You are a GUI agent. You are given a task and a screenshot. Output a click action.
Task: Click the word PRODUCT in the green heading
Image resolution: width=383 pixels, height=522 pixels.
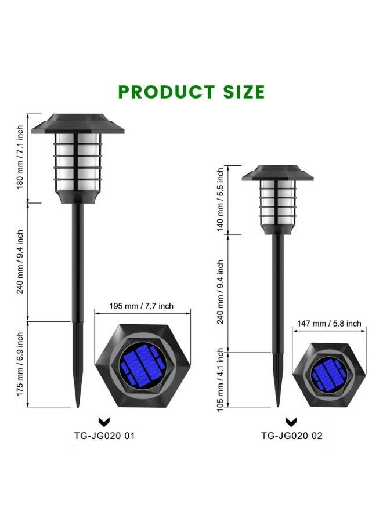pos(166,92)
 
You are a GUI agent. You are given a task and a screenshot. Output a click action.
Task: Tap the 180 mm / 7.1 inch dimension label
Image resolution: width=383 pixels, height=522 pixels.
pos(20,157)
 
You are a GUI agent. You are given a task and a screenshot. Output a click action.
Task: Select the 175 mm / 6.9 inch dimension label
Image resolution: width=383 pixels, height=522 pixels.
pos(20,364)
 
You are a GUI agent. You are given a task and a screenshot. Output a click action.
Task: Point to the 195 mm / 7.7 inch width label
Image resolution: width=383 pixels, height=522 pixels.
pos(142,306)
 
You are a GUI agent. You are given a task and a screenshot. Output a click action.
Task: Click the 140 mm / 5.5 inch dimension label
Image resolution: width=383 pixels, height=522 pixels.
pos(221,200)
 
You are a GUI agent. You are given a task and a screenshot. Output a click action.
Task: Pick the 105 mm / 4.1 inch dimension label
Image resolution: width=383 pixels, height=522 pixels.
pos(221,380)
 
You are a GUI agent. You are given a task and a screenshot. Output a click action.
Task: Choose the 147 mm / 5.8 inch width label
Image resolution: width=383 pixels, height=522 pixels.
pos(329,323)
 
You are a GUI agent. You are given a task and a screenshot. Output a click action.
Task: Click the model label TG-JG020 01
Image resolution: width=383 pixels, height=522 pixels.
pos(104,436)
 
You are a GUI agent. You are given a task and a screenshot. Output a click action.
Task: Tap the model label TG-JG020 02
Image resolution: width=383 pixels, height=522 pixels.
pos(292,436)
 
